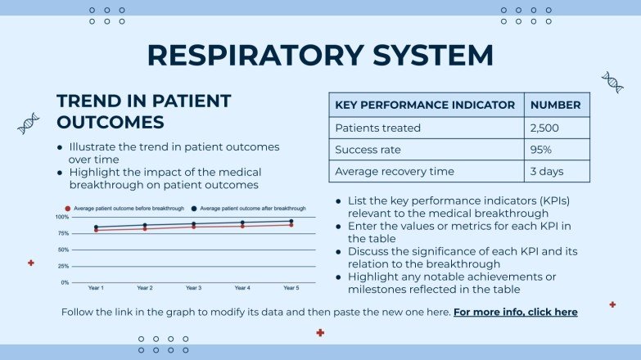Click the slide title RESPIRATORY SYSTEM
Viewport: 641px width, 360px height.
pyautogui.click(x=320, y=55)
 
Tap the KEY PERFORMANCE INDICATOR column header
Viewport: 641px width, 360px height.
pyautogui.click(x=425, y=105)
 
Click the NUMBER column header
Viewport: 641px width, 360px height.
pyautogui.click(x=555, y=105)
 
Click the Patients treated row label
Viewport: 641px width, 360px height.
pyautogui.click(x=377, y=128)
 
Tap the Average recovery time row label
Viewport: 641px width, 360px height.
pyautogui.click(x=395, y=172)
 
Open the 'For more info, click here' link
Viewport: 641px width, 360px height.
pyautogui.click(x=515, y=312)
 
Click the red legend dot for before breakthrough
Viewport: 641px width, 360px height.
pyautogui.click(x=69, y=209)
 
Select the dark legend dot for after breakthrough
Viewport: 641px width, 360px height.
pyautogui.click(x=194, y=209)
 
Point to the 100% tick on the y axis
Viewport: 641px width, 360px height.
pyautogui.click(x=62, y=217)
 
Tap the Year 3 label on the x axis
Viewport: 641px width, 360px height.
pyautogui.click(x=193, y=288)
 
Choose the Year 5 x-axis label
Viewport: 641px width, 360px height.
pyautogui.click(x=291, y=288)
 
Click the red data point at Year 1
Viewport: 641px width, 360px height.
pyautogui.click(x=96, y=230)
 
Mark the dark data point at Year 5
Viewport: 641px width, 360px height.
pyautogui.click(x=291, y=221)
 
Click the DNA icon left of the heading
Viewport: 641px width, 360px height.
pyautogui.click(x=29, y=123)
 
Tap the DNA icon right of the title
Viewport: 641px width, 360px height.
pyautogui.click(x=612, y=82)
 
